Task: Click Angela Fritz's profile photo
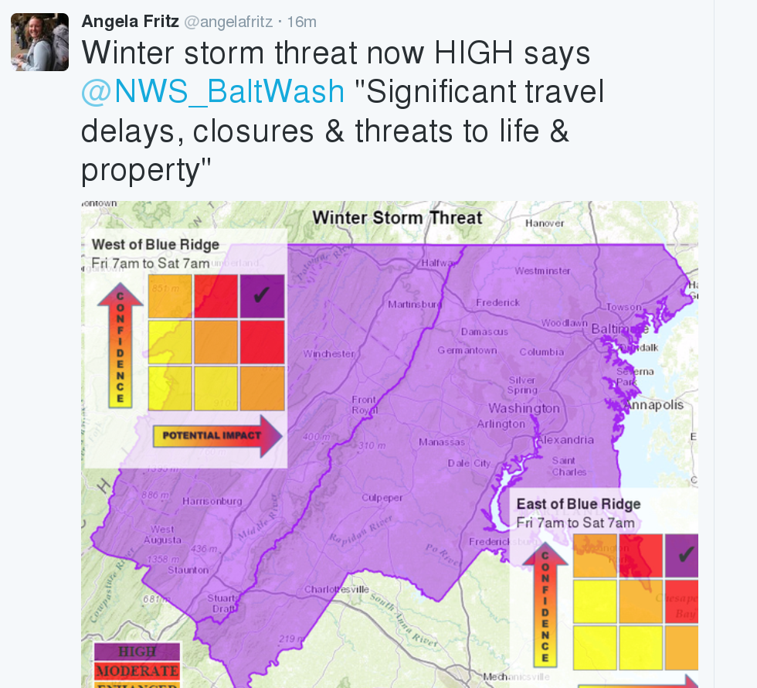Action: pyautogui.click(x=39, y=42)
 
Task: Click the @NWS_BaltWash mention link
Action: pyautogui.click(x=212, y=92)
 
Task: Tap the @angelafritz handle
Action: pyautogui.click(x=228, y=22)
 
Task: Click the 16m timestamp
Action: pyautogui.click(x=301, y=22)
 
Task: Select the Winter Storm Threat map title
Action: pyautogui.click(x=397, y=217)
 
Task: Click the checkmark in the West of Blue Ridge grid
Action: pyautogui.click(x=262, y=295)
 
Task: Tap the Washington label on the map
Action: pyautogui.click(x=524, y=408)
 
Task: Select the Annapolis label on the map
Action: pyautogui.click(x=654, y=405)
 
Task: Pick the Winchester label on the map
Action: pyautogui.click(x=329, y=354)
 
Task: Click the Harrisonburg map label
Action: pyautogui.click(x=212, y=501)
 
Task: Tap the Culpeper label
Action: pyautogui.click(x=382, y=498)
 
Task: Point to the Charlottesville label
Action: pyautogui.click(x=336, y=589)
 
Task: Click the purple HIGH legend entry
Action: pyautogui.click(x=137, y=652)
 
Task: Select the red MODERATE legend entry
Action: pyautogui.click(x=137, y=670)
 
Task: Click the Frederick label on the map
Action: pyautogui.click(x=497, y=302)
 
